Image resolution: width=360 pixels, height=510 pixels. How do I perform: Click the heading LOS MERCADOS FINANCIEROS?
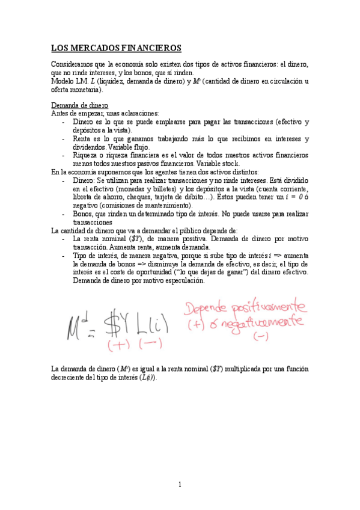(116, 48)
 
